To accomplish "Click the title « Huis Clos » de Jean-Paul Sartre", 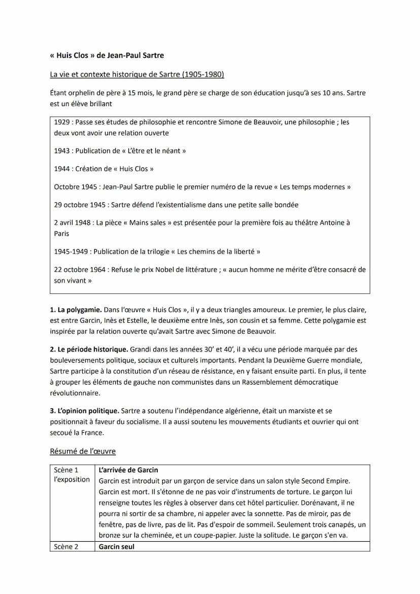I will [x=107, y=55].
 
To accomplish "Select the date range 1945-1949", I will [x=71, y=252].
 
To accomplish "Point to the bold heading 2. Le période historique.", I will [x=89, y=350].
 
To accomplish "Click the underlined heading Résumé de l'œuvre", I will [x=83, y=451].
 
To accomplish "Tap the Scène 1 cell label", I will [x=66, y=470].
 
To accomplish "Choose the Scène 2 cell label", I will [x=66, y=547].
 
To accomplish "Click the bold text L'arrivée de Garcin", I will [x=128, y=470].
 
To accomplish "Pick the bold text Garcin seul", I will [x=117, y=547].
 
